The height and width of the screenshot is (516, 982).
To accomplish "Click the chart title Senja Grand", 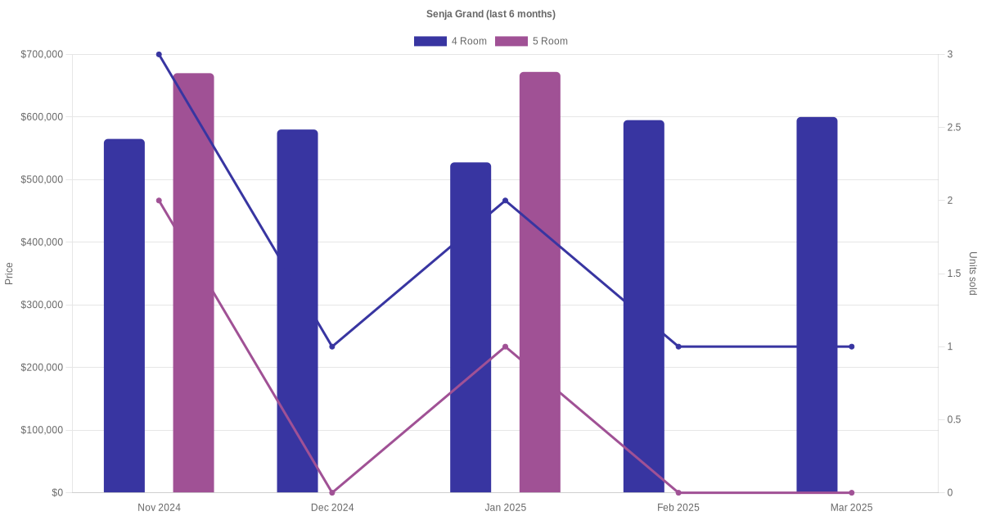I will (x=490, y=14).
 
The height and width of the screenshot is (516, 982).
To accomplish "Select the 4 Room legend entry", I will (x=450, y=41).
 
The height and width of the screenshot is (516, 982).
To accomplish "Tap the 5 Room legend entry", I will (x=531, y=41).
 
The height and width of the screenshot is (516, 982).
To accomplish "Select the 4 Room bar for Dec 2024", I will (x=297, y=311).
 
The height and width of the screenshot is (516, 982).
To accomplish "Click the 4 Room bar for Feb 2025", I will (x=644, y=306).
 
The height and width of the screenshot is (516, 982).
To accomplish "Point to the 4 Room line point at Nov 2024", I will (x=159, y=54).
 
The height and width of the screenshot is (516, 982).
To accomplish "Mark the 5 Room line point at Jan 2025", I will (x=505, y=346).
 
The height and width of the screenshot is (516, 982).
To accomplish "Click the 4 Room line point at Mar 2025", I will (x=851, y=346).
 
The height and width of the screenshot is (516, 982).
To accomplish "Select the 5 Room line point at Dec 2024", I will (x=332, y=492).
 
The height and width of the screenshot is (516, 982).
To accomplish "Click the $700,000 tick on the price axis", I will (x=41, y=54).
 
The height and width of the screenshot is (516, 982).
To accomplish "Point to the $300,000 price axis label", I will (x=41, y=305).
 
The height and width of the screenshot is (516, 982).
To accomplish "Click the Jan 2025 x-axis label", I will (x=505, y=508).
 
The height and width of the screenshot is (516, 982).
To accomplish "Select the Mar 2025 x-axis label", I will (x=851, y=508).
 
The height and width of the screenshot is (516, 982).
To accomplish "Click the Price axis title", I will (x=9, y=274).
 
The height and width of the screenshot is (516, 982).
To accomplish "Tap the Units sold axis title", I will (x=973, y=274).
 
